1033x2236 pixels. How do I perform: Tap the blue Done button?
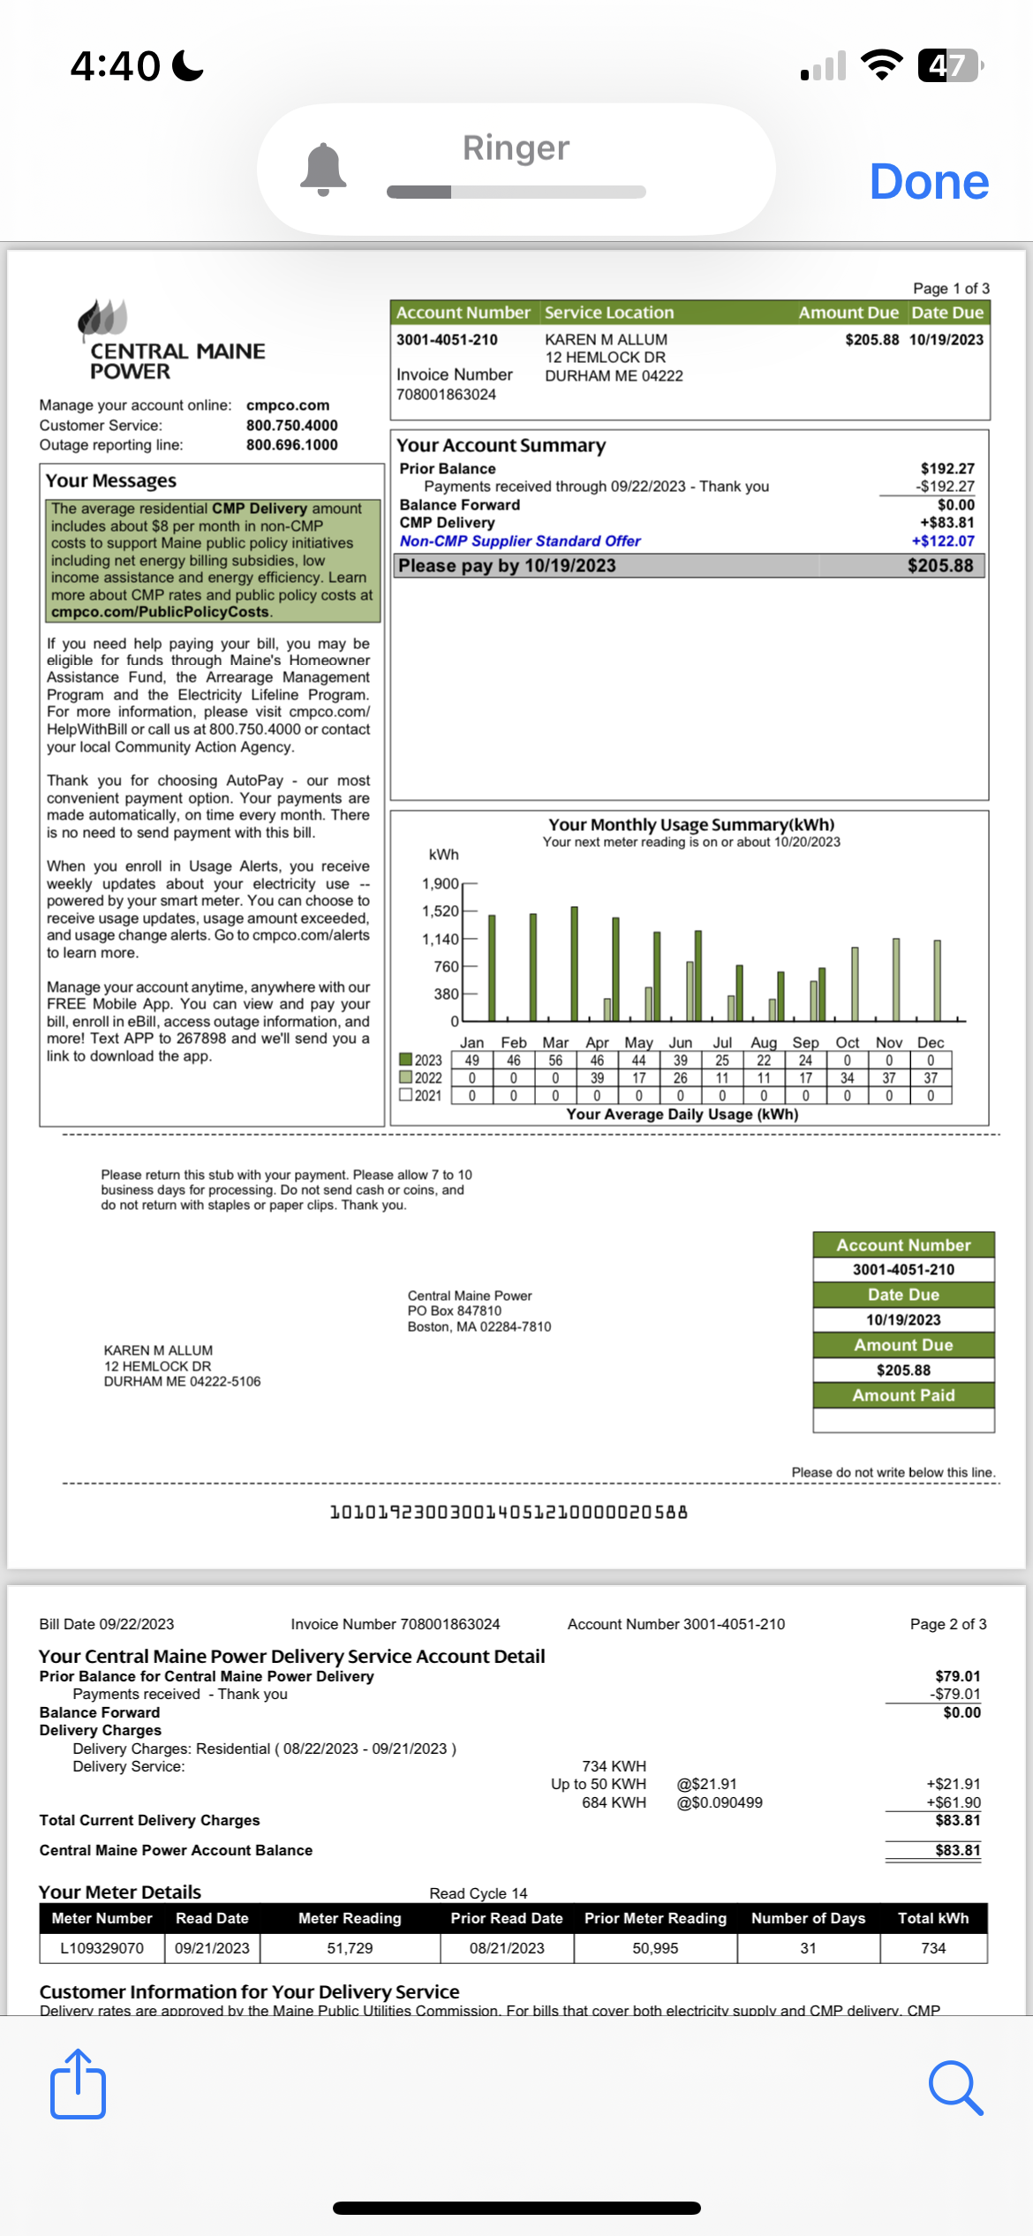click(x=929, y=182)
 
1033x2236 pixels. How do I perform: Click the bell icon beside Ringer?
click(x=323, y=169)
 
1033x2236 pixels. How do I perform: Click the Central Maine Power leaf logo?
click(x=103, y=318)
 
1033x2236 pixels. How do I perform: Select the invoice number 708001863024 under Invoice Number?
click(x=446, y=395)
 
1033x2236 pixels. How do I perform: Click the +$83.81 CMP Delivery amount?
click(x=946, y=523)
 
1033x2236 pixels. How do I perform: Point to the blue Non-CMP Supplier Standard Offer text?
click(x=520, y=541)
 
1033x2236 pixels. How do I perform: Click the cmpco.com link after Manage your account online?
click(x=288, y=405)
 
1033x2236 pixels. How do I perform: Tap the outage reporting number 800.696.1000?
click(x=291, y=445)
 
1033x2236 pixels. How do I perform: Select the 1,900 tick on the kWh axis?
click(x=441, y=884)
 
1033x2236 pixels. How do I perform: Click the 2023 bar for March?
click(x=574, y=963)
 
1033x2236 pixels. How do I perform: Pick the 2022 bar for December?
click(x=937, y=980)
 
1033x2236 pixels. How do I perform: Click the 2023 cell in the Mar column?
click(x=555, y=1061)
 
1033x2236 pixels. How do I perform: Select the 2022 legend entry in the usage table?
click(x=421, y=1078)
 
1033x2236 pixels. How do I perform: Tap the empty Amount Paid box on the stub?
click(x=903, y=1420)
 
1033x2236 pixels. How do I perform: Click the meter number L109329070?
click(x=102, y=1948)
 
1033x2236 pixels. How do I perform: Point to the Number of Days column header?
click(x=808, y=1918)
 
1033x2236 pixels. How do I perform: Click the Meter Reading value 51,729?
click(x=350, y=1948)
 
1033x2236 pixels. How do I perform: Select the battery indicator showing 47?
click(x=949, y=65)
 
